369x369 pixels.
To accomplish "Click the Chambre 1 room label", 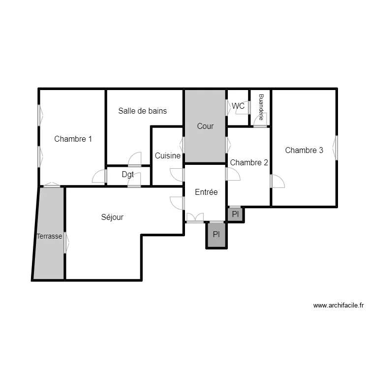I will click(73, 139).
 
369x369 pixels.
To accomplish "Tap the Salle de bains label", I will click(142, 111).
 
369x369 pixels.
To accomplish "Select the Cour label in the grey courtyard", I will click(205, 126).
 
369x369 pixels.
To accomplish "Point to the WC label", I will click(238, 106).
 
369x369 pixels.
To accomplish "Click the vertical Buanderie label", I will click(261, 107).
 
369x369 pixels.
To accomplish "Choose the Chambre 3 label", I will click(304, 150).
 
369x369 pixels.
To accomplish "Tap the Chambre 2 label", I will click(249, 162).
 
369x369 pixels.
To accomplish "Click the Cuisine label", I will click(167, 155).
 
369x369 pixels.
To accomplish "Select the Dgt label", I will click(128, 174).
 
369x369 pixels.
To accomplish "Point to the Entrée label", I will click(206, 192).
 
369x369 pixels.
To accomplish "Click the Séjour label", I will click(112, 217).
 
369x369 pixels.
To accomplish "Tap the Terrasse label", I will click(49, 236).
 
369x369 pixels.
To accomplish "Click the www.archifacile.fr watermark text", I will click(338, 306).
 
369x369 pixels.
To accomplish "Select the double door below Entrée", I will click(195, 217).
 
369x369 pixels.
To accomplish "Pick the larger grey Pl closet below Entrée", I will click(216, 235).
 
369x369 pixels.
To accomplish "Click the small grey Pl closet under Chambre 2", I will click(235, 214).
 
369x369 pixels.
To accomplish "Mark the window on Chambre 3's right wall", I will click(337, 148).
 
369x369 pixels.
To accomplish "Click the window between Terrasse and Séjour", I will click(65, 243).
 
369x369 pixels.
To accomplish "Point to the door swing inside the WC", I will click(243, 109).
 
